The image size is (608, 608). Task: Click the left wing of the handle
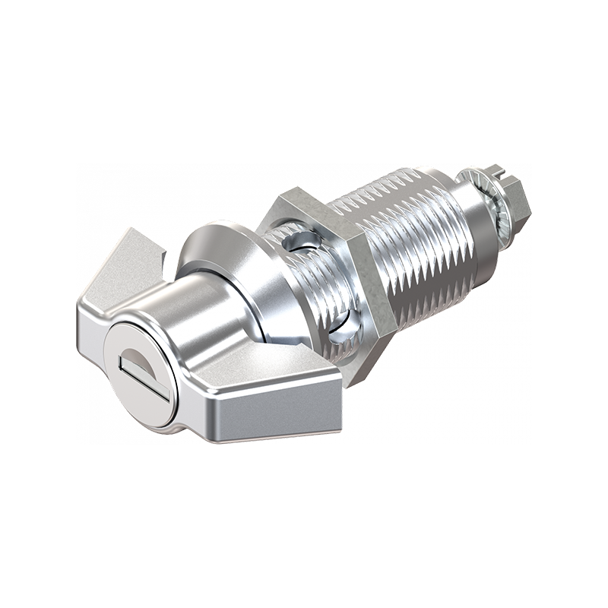click(x=122, y=274)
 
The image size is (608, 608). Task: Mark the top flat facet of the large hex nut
click(x=304, y=201)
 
